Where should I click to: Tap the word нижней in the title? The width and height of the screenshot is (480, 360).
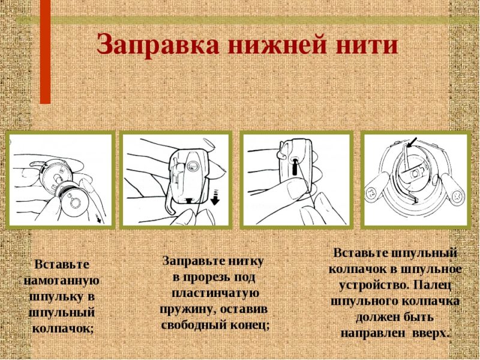coord(275,45)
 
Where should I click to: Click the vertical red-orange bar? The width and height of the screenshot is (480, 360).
coord(45,52)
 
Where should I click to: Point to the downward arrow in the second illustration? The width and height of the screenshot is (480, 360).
coord(215,197)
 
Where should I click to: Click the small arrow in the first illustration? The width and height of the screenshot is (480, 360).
coord(98,219)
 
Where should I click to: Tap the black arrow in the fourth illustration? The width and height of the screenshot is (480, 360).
coord(412,142)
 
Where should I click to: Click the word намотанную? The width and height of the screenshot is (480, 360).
coord(62,281)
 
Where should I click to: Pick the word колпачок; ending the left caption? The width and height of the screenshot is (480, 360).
coord(63,329)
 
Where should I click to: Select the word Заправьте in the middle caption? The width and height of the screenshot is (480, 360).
coord(193,261)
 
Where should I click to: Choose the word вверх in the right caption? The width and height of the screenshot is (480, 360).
coord(431,334)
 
